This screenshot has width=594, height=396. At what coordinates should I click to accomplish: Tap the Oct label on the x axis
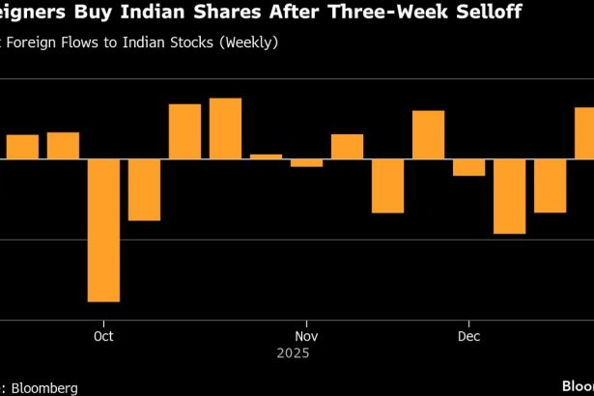tap(103, 336)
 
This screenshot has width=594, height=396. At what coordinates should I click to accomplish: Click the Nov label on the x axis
tap(306, 336)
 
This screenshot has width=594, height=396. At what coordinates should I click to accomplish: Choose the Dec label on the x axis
tap(468, 336)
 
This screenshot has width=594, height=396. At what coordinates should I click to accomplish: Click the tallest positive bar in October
tap(225, 128)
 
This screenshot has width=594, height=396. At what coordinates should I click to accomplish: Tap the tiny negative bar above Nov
tap(306, 163)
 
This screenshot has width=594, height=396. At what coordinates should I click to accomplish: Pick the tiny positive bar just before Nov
tap(266, 156)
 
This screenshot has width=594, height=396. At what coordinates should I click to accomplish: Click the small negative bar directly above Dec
tap(468, 167)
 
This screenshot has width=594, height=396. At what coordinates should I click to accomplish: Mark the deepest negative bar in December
tap(509, 196)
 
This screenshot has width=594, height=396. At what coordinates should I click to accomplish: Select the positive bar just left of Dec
tap(428, 135)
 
